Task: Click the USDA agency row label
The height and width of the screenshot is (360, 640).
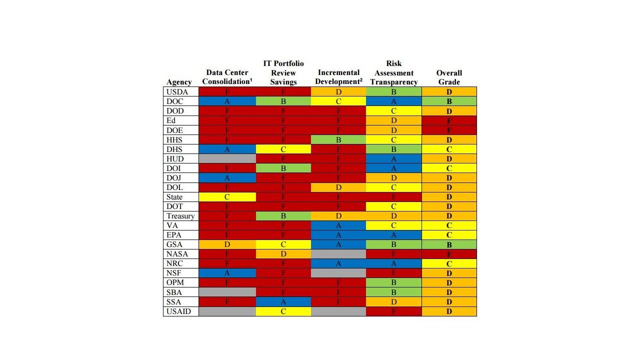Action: pos(177,92)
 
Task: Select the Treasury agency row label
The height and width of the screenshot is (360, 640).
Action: pos(180,216)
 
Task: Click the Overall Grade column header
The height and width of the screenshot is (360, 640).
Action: pos(449,77)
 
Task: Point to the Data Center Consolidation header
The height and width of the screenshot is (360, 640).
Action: pos(227,77)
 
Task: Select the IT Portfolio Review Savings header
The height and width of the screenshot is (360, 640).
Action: pos(283,72)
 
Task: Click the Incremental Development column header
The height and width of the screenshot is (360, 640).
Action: pos(338,77)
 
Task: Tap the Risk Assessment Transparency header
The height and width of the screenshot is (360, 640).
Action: pos(394,72)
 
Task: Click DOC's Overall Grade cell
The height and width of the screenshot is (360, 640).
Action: pos(449,101)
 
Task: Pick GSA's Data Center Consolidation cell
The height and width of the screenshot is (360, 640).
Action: pos(227,244)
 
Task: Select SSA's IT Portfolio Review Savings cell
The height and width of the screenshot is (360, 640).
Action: pos(283,302)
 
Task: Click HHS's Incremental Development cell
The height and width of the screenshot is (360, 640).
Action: pos(338,139)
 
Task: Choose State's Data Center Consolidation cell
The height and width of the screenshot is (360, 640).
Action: pos(227,197)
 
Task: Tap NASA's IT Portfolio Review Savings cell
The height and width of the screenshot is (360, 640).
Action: pos(283,254)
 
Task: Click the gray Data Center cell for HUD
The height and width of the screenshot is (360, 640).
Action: pos(227,158)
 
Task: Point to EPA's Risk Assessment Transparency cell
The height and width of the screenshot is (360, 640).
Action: pos(394,235)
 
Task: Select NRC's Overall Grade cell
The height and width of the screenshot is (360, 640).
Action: pos(449,263)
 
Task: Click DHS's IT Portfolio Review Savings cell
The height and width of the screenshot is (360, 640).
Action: pos(283,149)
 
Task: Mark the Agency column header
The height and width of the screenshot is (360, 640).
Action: pos(179,82)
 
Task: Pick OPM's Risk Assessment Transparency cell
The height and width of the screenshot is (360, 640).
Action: pos(394,282)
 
